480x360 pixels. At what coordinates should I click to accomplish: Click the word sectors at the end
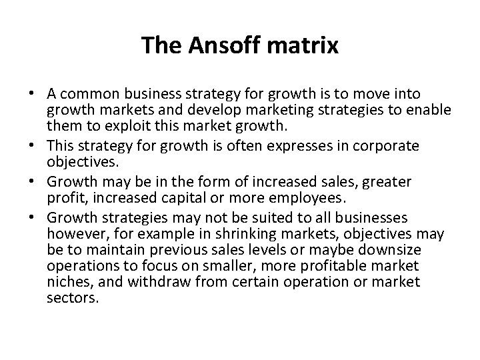pos(73,298)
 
